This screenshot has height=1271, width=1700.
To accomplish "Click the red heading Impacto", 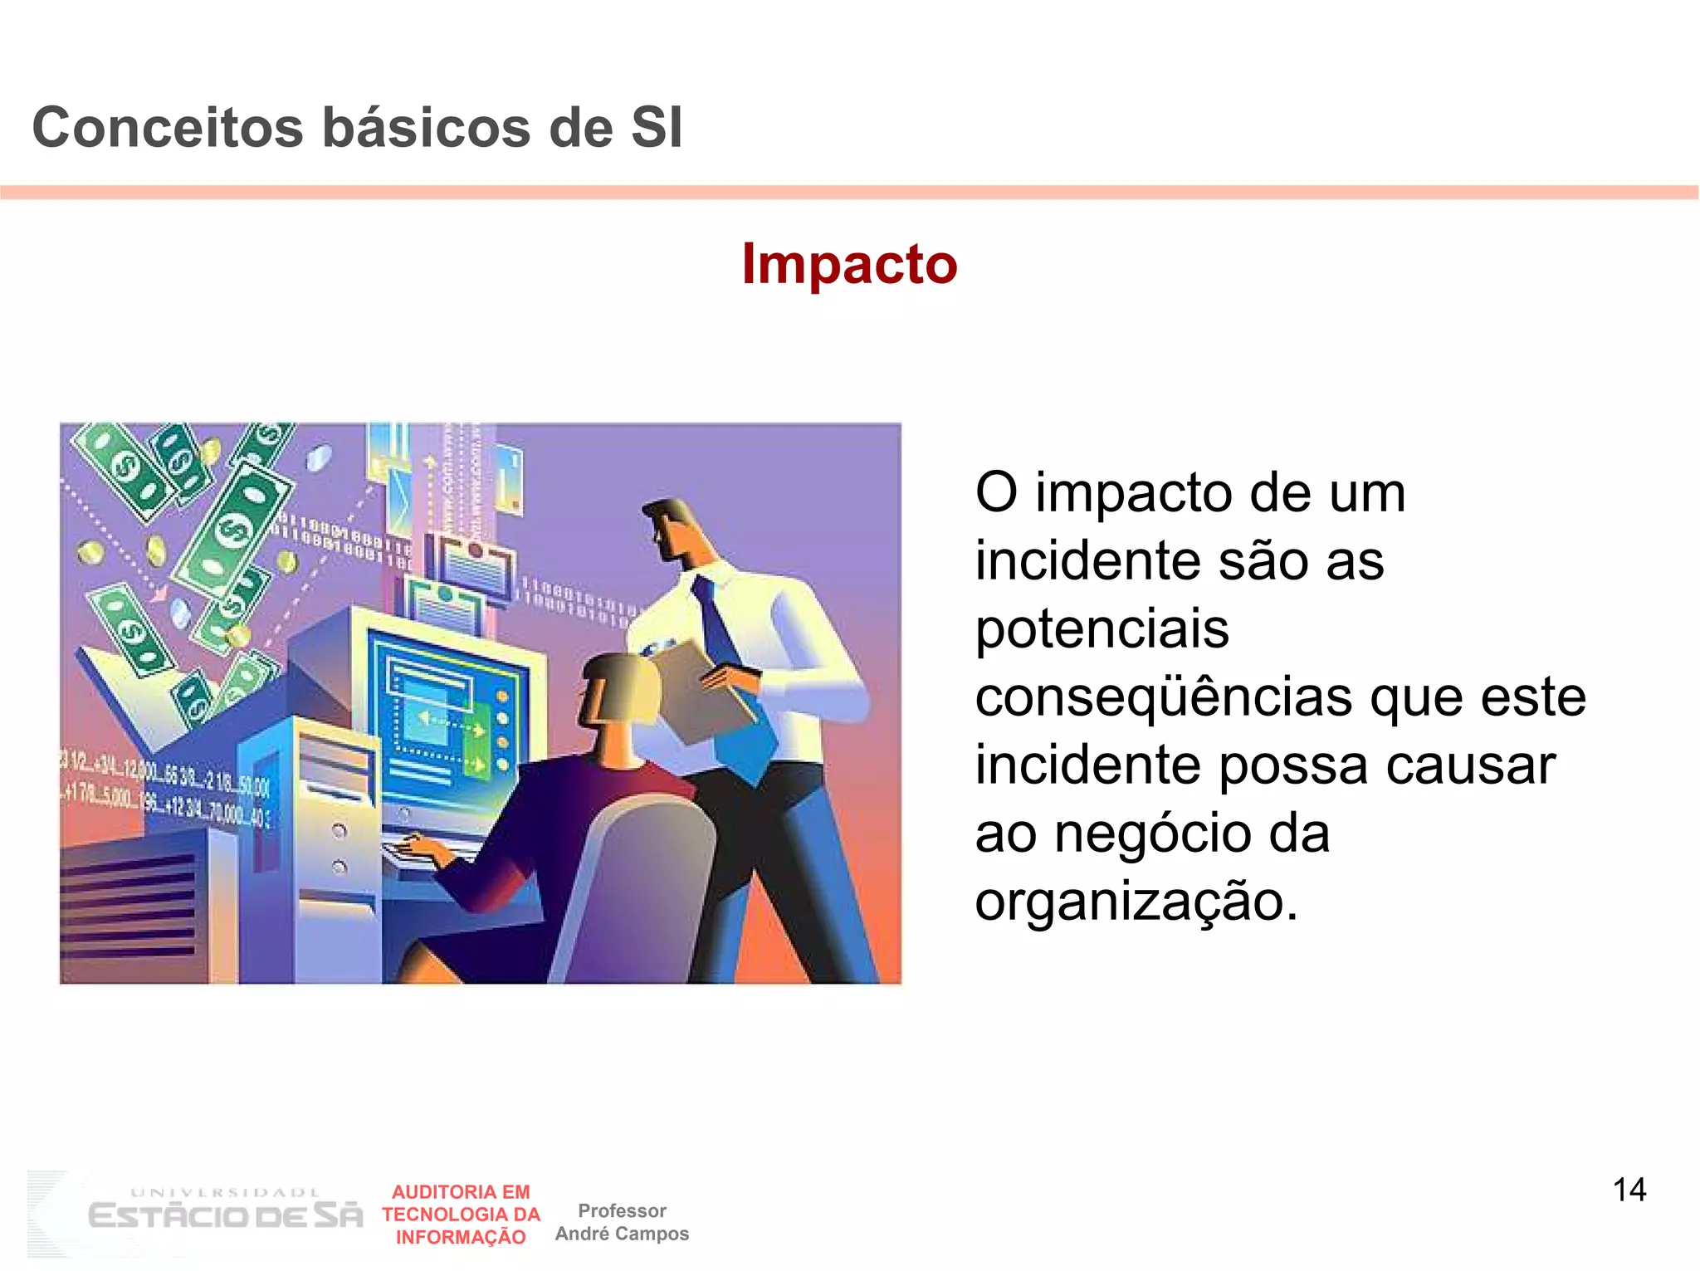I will tap(849, 264).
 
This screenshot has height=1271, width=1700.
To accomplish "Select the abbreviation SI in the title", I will tap(657, 128).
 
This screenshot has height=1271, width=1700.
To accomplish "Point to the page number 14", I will tap(1629, 1190).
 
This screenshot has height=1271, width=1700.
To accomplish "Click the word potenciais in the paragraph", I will tap(1102, 628).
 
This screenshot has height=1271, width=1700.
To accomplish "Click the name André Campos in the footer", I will tap(622, 1234).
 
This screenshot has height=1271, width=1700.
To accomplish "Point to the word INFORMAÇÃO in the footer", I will tap(461, 1237).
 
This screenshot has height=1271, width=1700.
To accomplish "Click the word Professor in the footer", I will tap(622, 1210).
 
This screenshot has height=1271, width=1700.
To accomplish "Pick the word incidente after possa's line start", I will tap(1087, 765).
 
